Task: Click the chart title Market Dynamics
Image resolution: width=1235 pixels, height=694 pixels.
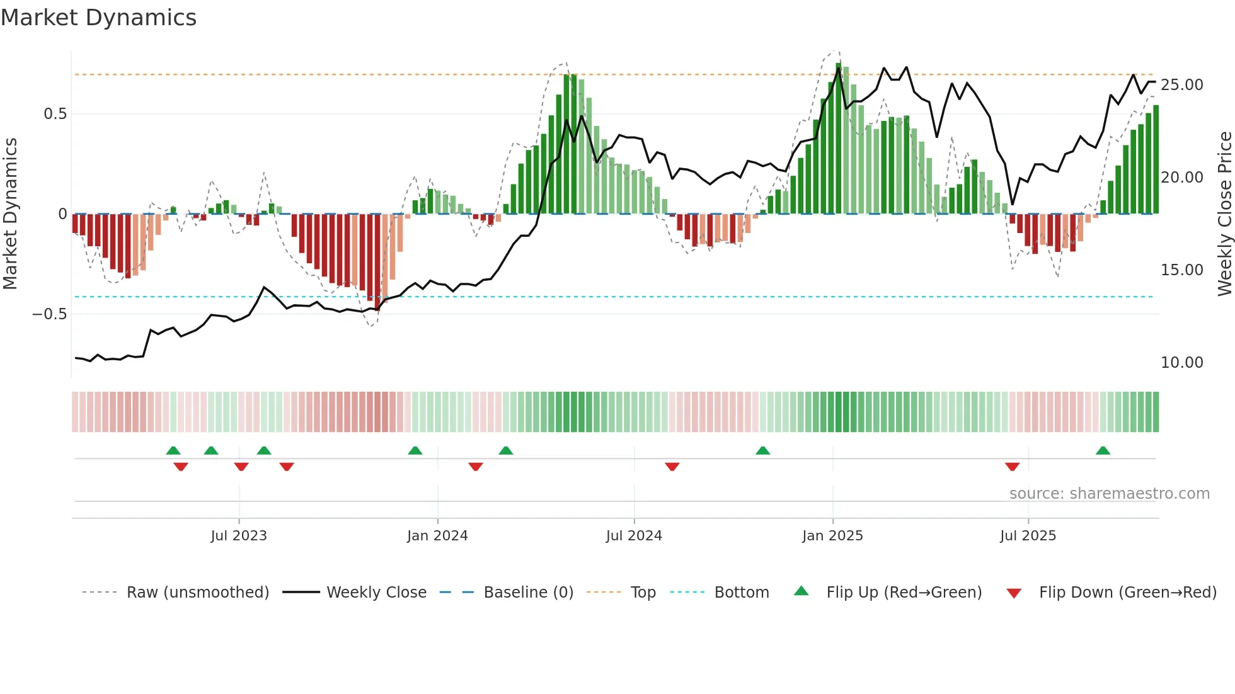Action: click(98, 18)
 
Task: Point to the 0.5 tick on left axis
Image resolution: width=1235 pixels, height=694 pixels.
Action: click(55, 114)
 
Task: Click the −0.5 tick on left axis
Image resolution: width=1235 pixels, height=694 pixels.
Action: click(50, 314)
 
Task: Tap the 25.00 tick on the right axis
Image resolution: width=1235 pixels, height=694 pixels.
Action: click(1181, 85)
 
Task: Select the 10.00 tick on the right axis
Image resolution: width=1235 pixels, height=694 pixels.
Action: click(1181, 363)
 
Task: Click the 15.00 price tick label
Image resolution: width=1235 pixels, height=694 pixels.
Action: click(1181, 270)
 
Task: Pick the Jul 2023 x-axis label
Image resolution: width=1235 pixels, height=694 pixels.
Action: click(239, 536)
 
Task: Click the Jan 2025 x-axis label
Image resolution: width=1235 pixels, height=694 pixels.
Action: click(832, 536)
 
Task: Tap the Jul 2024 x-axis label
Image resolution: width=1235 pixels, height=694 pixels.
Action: click(634, 536)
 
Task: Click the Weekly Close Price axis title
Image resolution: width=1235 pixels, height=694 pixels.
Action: click(1224, 214)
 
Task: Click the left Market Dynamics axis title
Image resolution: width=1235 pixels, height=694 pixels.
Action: click(10, 214)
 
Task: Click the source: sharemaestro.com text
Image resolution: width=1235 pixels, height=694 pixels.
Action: click(1109, 494)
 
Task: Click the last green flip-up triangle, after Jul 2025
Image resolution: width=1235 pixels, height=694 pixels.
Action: click(1103, 451)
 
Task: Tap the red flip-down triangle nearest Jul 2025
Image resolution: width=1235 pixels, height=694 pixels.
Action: click(1013, 467)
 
